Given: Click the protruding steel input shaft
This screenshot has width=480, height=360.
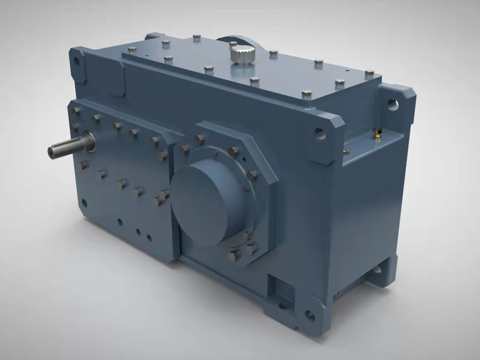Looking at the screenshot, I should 67,147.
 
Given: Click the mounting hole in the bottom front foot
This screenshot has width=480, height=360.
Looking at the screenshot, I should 310,316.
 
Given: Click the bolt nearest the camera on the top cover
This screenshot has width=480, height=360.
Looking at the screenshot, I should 307,93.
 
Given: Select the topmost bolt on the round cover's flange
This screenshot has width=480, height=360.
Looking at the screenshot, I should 199,139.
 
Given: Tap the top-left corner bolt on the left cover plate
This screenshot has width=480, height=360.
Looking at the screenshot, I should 76,111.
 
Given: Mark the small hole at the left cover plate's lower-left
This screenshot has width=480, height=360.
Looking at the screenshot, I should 84,203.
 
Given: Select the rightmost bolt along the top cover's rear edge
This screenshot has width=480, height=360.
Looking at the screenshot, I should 369,73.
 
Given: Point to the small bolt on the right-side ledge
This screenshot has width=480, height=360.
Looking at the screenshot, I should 346,151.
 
